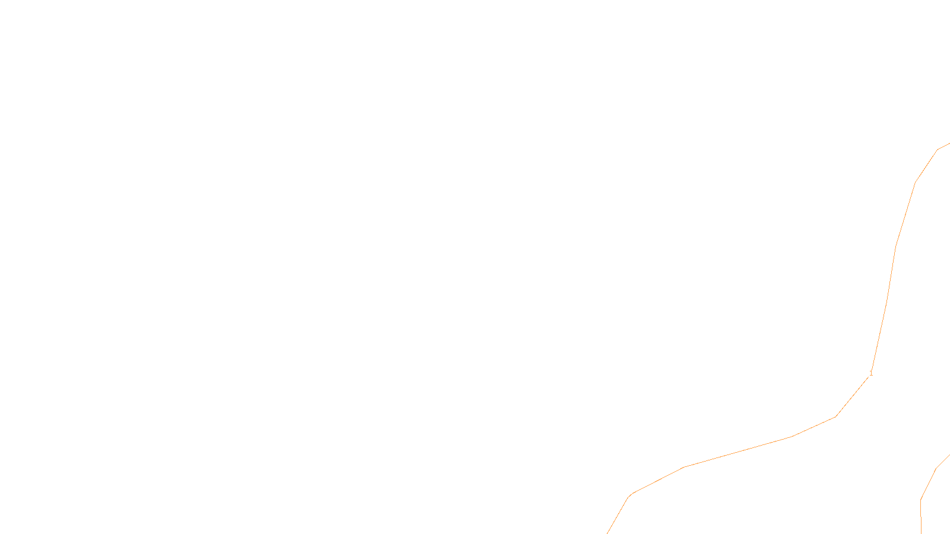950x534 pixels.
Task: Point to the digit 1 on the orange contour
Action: coord(871,373)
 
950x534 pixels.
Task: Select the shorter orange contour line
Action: coord(929,484)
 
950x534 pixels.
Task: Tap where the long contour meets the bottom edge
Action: coord(607,533)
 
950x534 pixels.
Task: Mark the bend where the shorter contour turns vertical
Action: coord(921,500)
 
